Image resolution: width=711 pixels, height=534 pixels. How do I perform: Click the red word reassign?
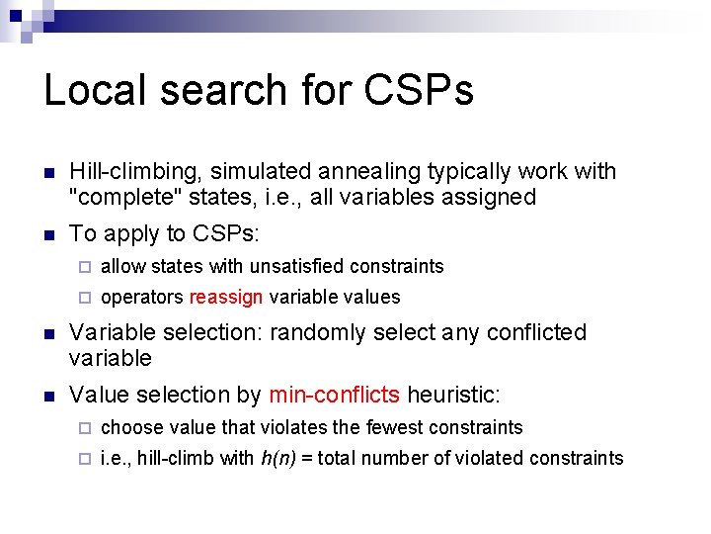[225, 298]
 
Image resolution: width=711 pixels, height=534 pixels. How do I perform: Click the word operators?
[142, 298]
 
